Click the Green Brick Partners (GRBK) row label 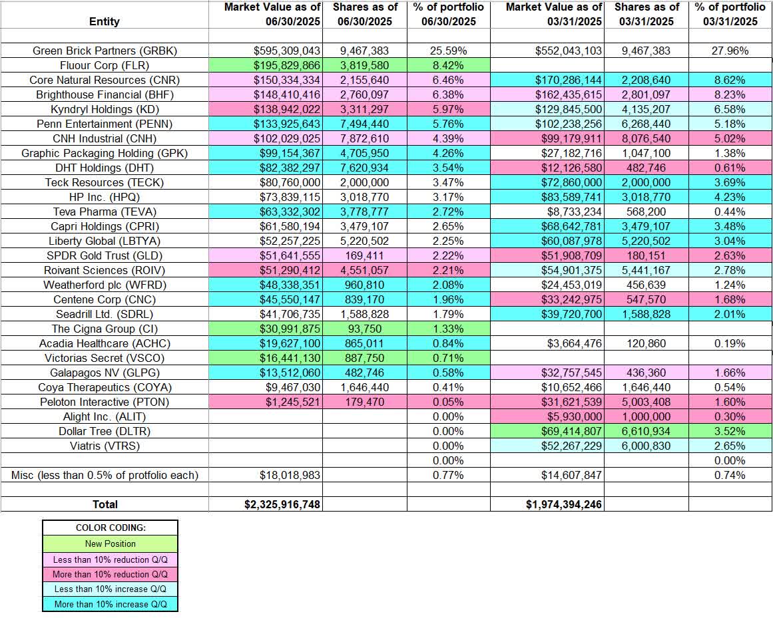tap(105, 51)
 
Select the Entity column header tap(105, 21)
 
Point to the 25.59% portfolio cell tap(449, 51)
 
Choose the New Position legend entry tap(111, 543)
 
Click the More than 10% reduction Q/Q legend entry tap(111, 574)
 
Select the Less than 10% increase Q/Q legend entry tap(111, 589)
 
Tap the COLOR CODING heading tap(111, 528)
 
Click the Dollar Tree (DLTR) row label tap(105, 431)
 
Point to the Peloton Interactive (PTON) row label tap(105, 402)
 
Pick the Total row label tap(105, 504)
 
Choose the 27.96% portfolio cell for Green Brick tap(730, 51)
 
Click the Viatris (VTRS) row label tap(105, 446)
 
